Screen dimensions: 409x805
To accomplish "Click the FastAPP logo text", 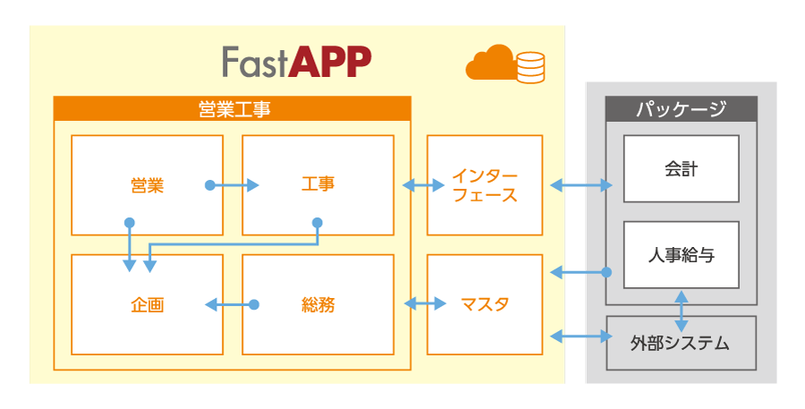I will click(296, 62).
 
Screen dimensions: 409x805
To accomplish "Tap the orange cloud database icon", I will click(504, 64).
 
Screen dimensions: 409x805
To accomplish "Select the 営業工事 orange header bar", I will click(233, 109).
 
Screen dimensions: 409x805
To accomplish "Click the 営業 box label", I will click(147, 185).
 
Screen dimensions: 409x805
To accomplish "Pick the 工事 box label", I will click(318, 185).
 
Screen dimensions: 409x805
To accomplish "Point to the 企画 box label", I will click(147, 305).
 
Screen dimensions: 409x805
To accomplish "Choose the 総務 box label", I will click(318, 305).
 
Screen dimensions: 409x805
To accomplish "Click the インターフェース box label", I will click(484, 185).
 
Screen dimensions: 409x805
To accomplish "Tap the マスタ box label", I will click(484, 305).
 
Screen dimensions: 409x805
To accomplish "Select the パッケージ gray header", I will click(681, 109).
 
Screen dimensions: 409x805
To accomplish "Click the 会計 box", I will click(681, 168).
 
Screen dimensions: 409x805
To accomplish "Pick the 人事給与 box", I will click(681, 255).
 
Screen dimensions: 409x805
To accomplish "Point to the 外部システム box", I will click(681, 343).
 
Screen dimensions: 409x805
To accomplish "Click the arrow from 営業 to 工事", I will click(233, 185).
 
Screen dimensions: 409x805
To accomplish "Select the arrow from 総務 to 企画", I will click(231, 305).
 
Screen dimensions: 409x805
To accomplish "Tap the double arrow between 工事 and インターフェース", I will click(423, 185).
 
